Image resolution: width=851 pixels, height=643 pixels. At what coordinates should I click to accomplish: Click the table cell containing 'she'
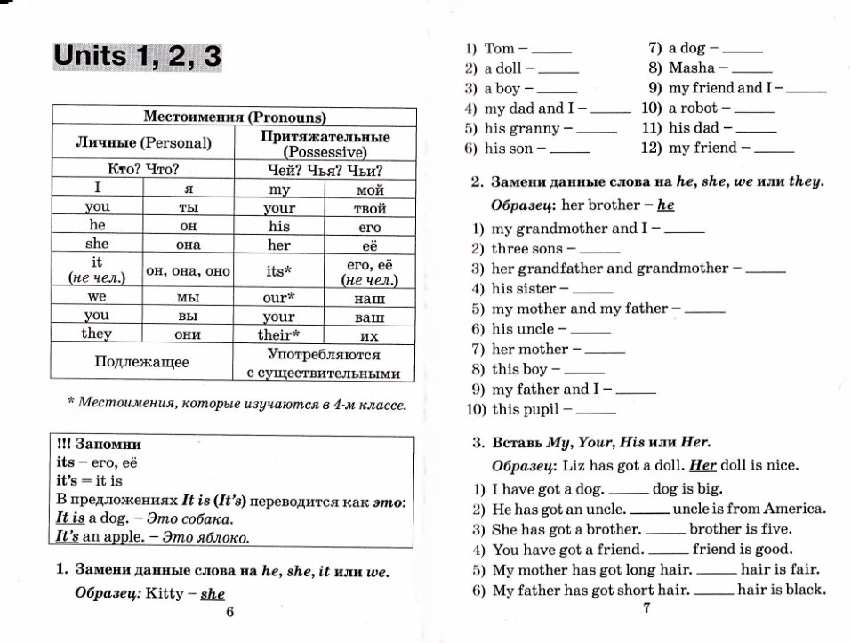point(97,244)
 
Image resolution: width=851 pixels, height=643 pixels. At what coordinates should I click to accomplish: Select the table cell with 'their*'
point(279,335)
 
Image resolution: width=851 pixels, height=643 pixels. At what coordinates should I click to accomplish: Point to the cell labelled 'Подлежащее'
point(142,361)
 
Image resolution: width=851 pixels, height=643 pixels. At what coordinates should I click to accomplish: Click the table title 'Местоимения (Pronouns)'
point(235,116)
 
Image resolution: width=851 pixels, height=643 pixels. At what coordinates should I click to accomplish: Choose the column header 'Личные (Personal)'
point(142,142)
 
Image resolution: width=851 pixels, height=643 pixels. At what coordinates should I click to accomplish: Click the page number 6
point(229,612)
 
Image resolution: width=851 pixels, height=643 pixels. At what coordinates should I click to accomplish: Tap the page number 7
point(646,608)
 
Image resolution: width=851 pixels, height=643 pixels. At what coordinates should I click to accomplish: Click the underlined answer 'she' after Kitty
point(213,593)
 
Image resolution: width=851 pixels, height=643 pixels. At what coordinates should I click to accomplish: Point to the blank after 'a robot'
point(756,110)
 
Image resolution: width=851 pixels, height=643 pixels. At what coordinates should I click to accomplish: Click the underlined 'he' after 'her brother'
point(666,205)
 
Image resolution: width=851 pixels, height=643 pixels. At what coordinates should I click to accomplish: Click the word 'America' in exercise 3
point(793,510)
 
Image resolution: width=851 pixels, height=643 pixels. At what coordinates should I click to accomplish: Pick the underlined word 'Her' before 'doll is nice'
point(702,464)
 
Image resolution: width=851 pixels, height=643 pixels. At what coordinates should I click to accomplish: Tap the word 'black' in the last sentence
point(804,589)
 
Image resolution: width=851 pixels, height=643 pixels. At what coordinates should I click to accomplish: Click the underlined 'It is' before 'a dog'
point(70,518)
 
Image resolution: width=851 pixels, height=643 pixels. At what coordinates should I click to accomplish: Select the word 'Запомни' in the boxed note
point(108,444)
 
